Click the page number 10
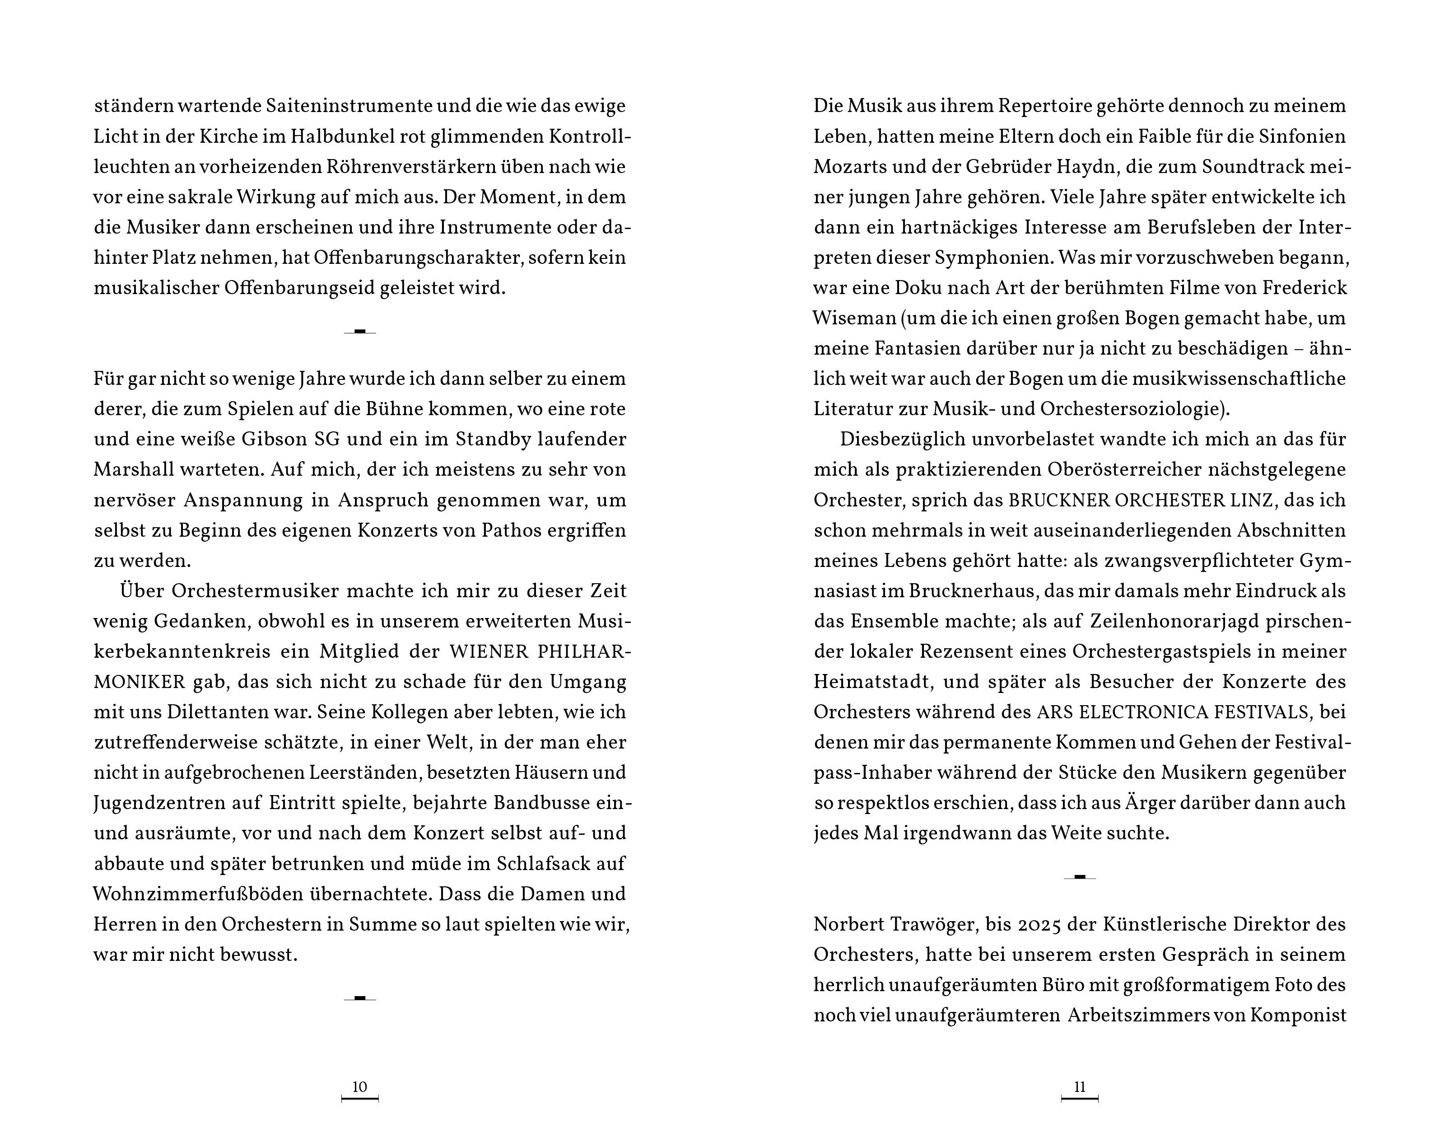[x=359, y=1087]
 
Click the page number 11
[x=1079, y=1087]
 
